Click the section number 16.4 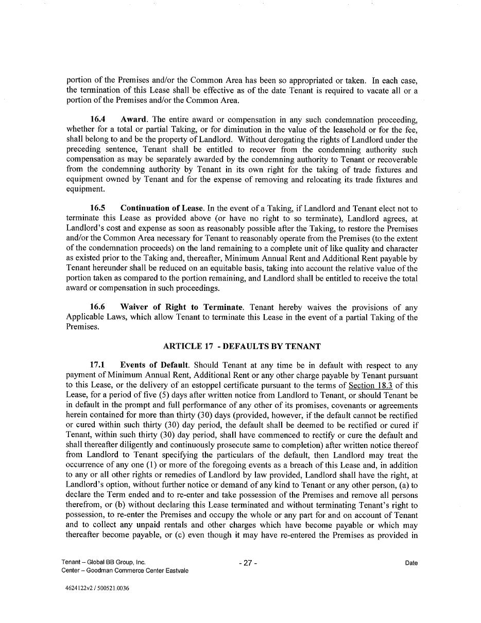[98, 120]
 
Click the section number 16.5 [98, 209]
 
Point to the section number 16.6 [98, 307]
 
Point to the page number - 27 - [248, 563]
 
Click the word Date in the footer [411, 563]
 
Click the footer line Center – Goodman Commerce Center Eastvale [125, 570]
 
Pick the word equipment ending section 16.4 [84, 189]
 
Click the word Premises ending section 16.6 [82, 327]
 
